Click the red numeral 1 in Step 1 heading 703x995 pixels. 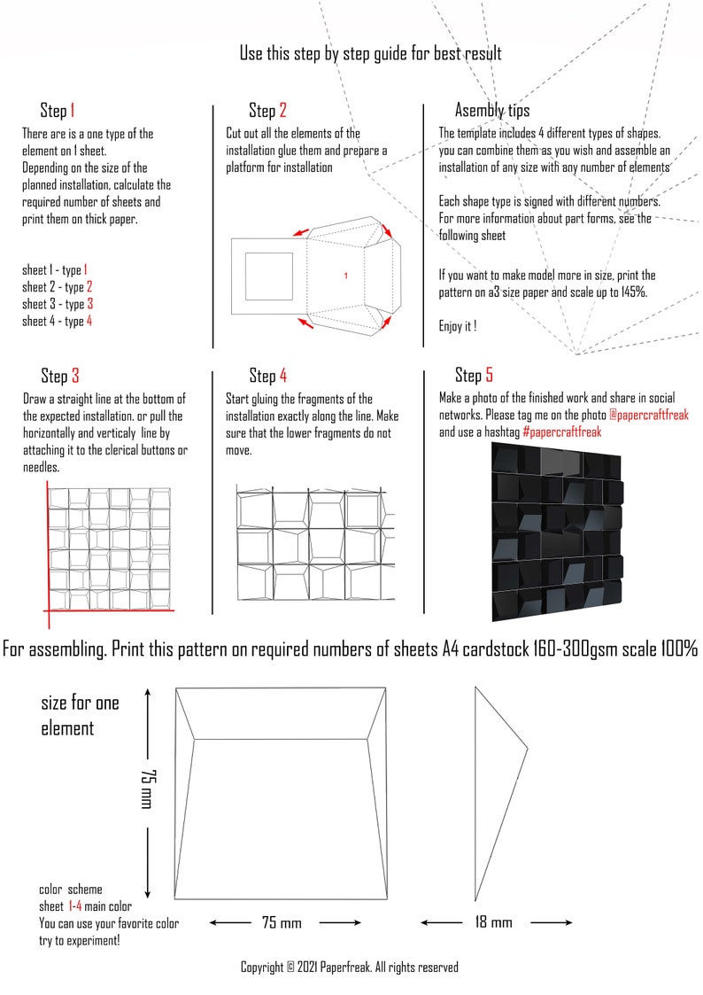pos(72,111)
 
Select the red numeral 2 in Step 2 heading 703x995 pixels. pos(282,111)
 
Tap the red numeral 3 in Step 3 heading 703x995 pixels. pos(75,376)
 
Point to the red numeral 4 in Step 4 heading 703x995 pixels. pos(282,376)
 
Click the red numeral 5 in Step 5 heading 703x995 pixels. pos(489,376)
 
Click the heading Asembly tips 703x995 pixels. pos(492,111)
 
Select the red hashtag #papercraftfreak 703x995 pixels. pos(561,432)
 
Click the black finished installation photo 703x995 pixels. pos(557,531)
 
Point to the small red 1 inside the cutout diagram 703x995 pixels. pos(345,276)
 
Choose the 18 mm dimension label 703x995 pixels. pos(494,922)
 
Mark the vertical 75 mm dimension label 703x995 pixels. pos(147,788)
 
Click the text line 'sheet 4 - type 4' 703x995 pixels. pos(57,322)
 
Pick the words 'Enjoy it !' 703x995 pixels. pos(458,326)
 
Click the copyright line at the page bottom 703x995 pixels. pos(349,968)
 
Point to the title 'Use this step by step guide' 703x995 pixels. pos(370,54)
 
